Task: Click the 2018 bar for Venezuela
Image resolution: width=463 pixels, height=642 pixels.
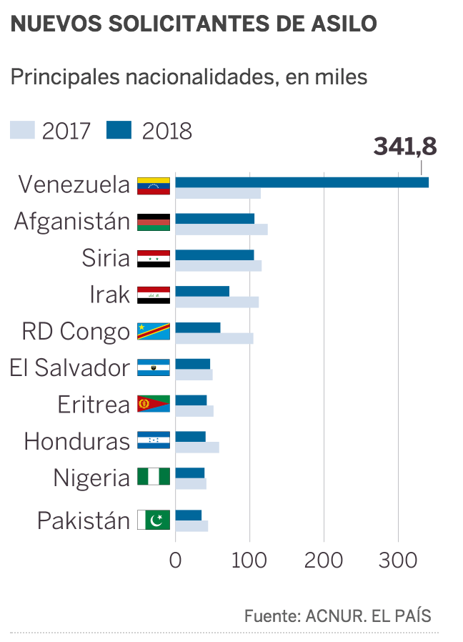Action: pos(302,182)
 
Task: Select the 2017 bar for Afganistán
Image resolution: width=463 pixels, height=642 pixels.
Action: pos(221,229)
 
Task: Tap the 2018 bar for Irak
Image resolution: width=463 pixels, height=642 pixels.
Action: pos(202,291)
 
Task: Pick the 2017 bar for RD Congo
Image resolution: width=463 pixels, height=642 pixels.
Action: pos(214,338)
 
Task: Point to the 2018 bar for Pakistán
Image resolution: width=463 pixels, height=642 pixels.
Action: pos(188,515)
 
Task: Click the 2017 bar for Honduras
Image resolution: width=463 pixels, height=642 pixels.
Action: pos(196,448)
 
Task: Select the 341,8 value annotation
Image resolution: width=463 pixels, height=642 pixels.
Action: pos(404,146)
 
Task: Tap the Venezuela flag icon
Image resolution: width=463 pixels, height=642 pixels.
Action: pos(154,185)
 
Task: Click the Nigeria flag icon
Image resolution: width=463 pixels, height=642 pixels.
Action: pos(154,477)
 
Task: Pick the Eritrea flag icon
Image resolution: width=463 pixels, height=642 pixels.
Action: pos(154,404)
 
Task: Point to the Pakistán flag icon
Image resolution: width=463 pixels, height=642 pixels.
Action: pos(154,520)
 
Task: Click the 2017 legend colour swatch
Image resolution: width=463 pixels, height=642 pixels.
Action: pos(22,130)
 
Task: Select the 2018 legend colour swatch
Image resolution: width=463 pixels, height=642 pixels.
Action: pos(119,130)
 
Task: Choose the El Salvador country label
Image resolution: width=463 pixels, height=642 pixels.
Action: pos(69,368)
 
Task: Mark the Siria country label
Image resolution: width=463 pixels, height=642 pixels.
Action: pos(106,257)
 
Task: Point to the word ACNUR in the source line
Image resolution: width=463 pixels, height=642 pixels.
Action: pos(334,616)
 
